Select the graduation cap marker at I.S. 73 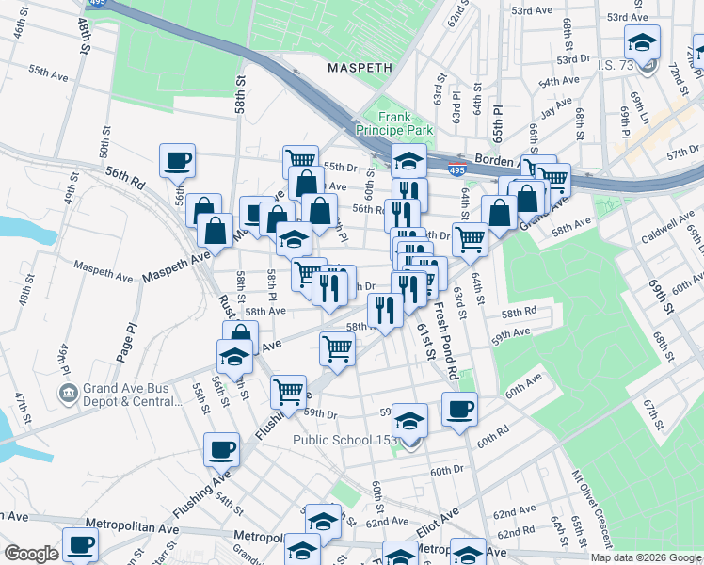643,43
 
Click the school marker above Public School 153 409,420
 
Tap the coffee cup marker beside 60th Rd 459,410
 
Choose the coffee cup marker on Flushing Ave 223,448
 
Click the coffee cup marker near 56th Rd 177,160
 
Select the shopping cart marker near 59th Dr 288,390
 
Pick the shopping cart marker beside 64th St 469,238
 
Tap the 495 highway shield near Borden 456,170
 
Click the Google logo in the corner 30,554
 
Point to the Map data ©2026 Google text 646,557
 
